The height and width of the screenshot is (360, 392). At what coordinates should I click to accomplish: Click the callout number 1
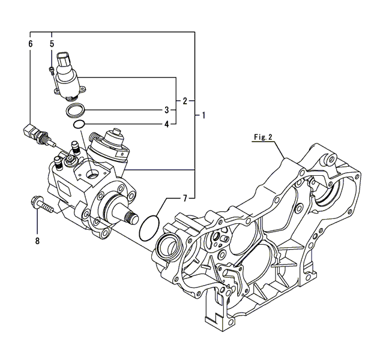click(204, 115)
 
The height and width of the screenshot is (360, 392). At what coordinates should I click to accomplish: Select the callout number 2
click(185, 100)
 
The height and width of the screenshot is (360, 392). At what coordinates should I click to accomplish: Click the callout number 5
click(52, 44)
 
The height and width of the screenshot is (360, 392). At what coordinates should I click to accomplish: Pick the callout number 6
click(30, 44)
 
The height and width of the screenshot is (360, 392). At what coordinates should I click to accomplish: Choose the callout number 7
click(185, 197)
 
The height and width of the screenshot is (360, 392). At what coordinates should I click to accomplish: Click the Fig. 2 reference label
click(262, 137)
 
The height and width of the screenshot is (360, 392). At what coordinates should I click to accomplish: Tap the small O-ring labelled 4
click(78, 124)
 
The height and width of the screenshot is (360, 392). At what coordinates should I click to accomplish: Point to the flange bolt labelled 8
click(40, 205)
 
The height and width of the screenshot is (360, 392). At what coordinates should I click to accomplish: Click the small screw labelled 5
click(51, 70)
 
